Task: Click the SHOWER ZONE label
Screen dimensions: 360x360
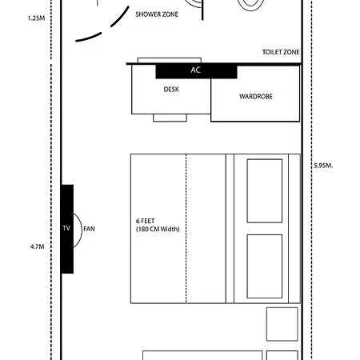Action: click(157, 14)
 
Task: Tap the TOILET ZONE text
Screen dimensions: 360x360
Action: click(281, 52)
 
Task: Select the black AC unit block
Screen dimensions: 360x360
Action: click(196, 71)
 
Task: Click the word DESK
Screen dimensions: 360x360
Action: click(171, 90)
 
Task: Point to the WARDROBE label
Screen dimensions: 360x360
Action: click(256, 96)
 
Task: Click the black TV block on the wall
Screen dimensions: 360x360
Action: click(67, 229)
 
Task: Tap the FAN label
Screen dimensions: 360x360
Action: click(89, 229)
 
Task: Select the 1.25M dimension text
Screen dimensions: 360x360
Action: click(36, 18)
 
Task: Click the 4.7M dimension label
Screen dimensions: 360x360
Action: click(37, 246)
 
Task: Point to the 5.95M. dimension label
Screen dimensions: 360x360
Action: click(323, 166)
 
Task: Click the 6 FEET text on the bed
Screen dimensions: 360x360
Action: click(146, 221)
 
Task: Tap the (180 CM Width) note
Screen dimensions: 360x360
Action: click(158, 229)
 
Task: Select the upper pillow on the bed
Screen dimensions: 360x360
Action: click(265, 191)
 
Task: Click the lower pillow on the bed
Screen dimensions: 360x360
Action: click(265, 266)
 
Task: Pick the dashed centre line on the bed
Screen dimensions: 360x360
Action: click(186, 229)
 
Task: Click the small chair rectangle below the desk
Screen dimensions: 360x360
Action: click(170, 118)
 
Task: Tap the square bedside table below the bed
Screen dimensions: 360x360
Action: click(282, 324)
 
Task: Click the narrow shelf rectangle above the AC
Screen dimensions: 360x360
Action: click(170, 60)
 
